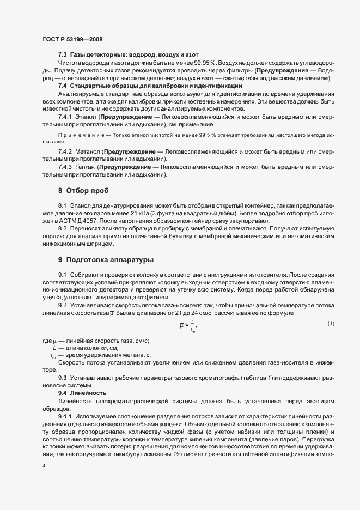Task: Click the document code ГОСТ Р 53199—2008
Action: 72,39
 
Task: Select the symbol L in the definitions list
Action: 54,347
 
